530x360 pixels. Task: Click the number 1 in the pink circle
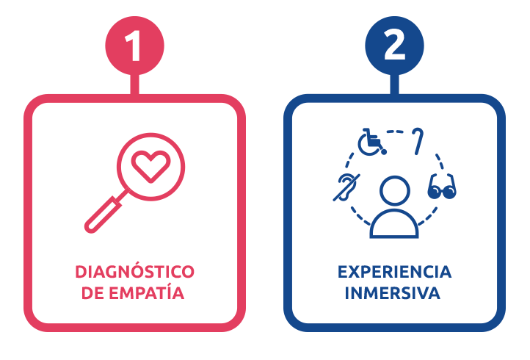click(134, 46)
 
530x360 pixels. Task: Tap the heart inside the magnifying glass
click(150, 166)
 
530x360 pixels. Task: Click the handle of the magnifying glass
click(103, 215)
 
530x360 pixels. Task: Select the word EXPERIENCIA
click(394, 272)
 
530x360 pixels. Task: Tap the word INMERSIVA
click(393, 293)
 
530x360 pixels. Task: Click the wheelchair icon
click(371, 142)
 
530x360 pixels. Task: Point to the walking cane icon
click(418, 141)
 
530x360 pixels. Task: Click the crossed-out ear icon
click(346, 187)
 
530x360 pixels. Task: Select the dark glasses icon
click(442, 187)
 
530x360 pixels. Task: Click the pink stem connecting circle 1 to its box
click(134, 84)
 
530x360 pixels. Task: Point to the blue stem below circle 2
click(394, 84)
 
